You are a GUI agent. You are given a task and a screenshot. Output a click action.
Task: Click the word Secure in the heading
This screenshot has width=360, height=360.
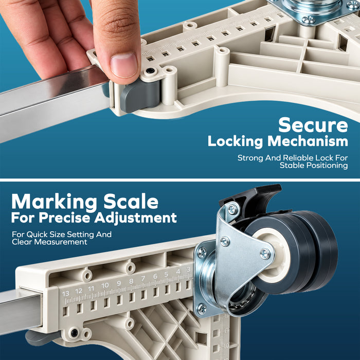pyautogui.click(x=313, y=125)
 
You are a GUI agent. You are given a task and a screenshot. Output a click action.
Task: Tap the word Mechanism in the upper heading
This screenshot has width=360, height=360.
pyautogui.click(x=308, y=141)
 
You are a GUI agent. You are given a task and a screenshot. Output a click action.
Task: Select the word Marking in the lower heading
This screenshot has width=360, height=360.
pyautogui.click(x=54, y=202)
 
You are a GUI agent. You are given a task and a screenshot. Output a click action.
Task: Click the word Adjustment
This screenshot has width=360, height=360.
pyautogui.click(x=136, y=218)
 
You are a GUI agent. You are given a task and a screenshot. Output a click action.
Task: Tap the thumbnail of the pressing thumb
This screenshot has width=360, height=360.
pyautogui.click(x=124, y=65)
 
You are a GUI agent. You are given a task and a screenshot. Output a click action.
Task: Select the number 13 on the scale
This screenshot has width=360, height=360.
pyautogui.click(x=65, y=294)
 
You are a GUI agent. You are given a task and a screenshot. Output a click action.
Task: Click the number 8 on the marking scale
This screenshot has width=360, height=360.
pyautogui.click(x=131, y=281)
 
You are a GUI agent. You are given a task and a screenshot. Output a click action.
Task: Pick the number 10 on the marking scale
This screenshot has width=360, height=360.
pyautogui.click(x=105, y=285)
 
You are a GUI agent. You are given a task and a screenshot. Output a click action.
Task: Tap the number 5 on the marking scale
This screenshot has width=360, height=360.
pyautogui.click(x=166, y=274)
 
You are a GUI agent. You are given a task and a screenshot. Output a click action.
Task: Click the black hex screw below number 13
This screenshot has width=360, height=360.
pyautogui.click(x=74, y=332)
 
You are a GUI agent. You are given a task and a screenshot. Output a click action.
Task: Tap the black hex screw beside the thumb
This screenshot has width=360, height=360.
pyautogui.click(x=150, y=70)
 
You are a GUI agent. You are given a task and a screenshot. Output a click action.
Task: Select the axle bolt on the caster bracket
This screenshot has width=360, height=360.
pyautogui.click(x=265, y=254)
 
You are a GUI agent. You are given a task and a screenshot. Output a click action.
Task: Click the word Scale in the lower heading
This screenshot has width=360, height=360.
pyautogui.click(x=131, y=202)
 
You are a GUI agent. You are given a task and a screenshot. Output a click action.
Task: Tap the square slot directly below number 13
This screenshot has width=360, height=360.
pyautogui.click(x=65, y=311)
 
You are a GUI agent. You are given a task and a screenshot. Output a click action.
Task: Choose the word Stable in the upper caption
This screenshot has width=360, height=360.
pyautogui.click(x=292, y=165)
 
